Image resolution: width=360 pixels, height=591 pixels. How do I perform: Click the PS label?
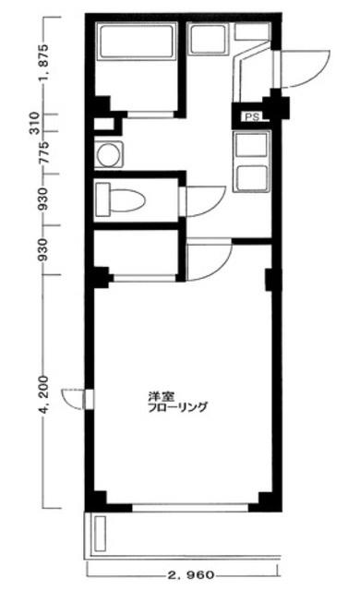tap(251, 117)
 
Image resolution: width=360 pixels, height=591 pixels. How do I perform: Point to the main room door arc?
tap(207, 258)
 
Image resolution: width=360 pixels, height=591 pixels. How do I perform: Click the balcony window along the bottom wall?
tap(189, 507)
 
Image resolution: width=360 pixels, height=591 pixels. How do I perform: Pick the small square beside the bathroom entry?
tap(102, 122)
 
